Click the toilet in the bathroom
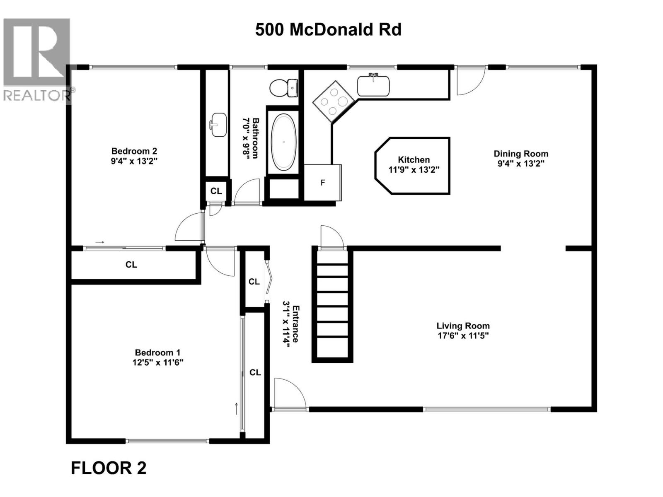click(283, 88)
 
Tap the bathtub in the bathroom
click(284, 142)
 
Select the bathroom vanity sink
click(218, 124)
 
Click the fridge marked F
click(323, 183)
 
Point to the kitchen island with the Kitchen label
click(413, 165)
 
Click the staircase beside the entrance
click(332, 306)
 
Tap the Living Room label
click(463, 326)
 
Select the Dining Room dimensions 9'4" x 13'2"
click(520, 163)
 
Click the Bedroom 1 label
click(157, 352)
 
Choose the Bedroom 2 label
click(134, 151)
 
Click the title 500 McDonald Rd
click(328, 30)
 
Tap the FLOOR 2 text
click(109, 468)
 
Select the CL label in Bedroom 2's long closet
click(131, 265)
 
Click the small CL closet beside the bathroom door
click(216, 191)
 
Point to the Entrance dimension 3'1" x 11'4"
click(286, 324)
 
